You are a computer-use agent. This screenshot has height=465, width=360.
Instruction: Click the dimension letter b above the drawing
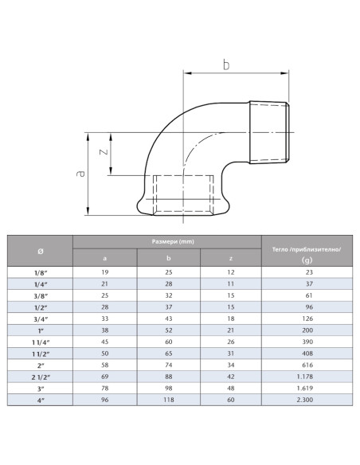(226, 64)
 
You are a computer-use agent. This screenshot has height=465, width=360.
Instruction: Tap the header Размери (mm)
(167, 240)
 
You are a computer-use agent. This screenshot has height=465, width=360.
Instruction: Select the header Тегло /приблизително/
(307, 248)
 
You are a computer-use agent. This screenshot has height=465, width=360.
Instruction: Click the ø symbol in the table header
(41, 251)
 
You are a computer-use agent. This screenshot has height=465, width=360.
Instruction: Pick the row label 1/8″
(41, 273)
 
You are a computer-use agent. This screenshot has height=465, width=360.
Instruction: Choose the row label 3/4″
(41, 318)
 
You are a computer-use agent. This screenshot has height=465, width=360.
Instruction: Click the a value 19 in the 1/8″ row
(105, 273)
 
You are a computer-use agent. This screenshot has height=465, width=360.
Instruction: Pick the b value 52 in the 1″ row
(168, 329)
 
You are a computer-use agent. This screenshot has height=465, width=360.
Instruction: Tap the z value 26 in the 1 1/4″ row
(231, 340)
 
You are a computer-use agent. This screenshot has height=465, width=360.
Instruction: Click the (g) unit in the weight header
(307, 260)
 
